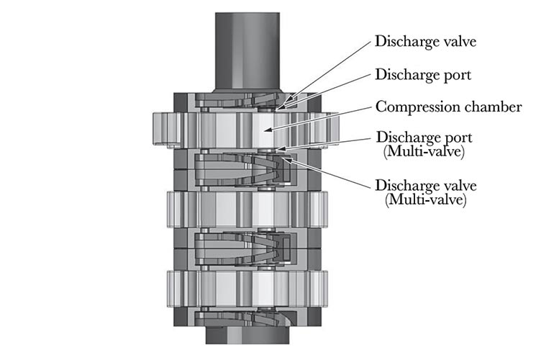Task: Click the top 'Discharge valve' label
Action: pyautogui.click(x=426, y=41)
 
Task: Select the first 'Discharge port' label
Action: pyautogui.click(x=423, y=74)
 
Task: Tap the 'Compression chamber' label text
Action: pyautogui.click(x=449, y=107)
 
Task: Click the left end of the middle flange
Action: pyautogui.click(x=173, y=210)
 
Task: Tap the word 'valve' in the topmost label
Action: pyautogui.click(x=458, y=41)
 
